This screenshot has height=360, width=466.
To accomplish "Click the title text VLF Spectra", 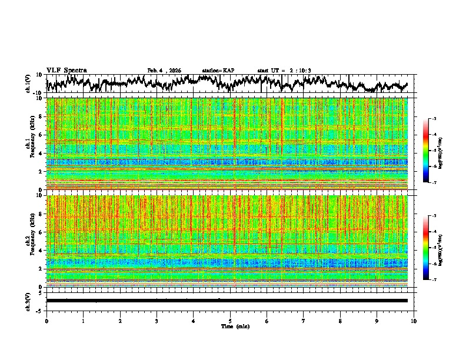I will pyautogui.click(x=66, y=70).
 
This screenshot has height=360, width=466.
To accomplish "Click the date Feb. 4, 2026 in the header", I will pyautogui.click(x=164, y=71).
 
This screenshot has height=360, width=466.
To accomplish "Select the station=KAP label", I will pyautogui.click(x=218, y=71).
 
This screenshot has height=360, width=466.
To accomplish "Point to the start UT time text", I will pyautogui.click(x=284, y=71).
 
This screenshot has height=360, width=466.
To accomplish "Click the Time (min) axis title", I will pyautogui.click(x=230, y=326).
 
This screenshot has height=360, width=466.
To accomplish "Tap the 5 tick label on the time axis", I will pyautogui.click(x=230, y=321).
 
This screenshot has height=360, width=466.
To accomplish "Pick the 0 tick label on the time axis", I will pyautogui.click(x=46, y=321).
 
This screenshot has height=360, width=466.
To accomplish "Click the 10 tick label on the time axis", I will pyautogui.click(x=414, y=321).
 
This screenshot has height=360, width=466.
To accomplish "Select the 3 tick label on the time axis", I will pyautogui.click(x=157, y=321).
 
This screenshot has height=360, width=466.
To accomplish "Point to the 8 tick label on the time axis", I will pyautogui.click(x=340, y=321).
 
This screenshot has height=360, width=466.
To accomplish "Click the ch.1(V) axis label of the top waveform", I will pyautogui.click(x=29, y=84).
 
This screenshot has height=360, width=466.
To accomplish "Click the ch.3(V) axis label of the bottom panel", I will pyautogui.click(x=29, y=301).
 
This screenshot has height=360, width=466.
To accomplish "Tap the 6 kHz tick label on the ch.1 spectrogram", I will pyautogui.click(x=41, y=135).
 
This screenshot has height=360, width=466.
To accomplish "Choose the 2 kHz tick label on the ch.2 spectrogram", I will pyautogui.click(x=41, y=269).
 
